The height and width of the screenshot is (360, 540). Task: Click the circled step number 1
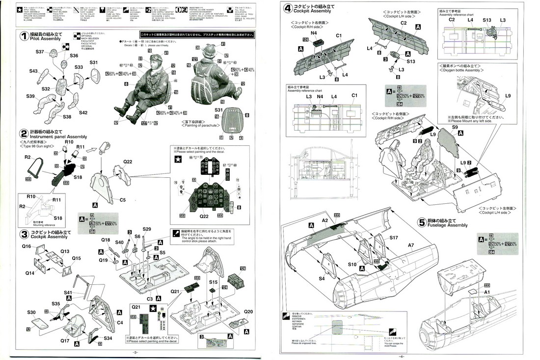click(x=24, y=36)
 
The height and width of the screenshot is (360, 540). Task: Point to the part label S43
click(x=34, y=71)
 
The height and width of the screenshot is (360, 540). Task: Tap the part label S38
click(x=67, y=117)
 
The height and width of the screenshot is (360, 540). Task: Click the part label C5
click(x=122, y=200)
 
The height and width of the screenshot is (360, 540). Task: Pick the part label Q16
click(x=27, y=246)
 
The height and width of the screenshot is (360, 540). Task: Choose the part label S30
click(x=31, y=312)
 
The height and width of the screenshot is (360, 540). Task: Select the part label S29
click(x=147, y=229)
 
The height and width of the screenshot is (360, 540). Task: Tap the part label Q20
click(x=248, y=311)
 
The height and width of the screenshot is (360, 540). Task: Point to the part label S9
click(x=455, y=127)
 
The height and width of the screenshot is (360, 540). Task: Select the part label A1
click(x=487, y=292)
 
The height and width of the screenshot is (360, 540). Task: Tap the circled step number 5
click(x=421, y=222)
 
